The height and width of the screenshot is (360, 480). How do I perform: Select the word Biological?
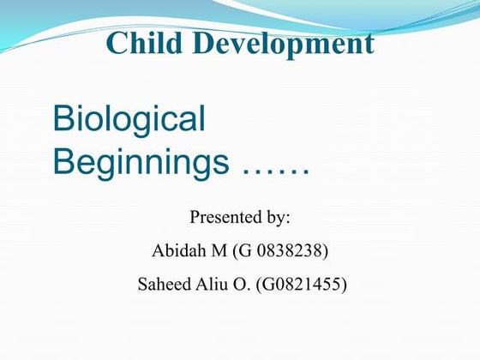pyautogui.click(x=129, y=119)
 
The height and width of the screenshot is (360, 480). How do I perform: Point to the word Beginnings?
pyautogui.click(x=141, y=159)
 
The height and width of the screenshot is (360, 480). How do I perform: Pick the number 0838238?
pyautogui.click(x=290, y=251)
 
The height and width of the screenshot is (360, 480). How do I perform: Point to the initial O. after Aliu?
pyautogui.click(x=244, y=285)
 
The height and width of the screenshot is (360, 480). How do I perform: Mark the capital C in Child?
pyautogui.click(x=117, y=43)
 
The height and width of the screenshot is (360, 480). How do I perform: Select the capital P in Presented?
pyautogui.click(x=195, y=217)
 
